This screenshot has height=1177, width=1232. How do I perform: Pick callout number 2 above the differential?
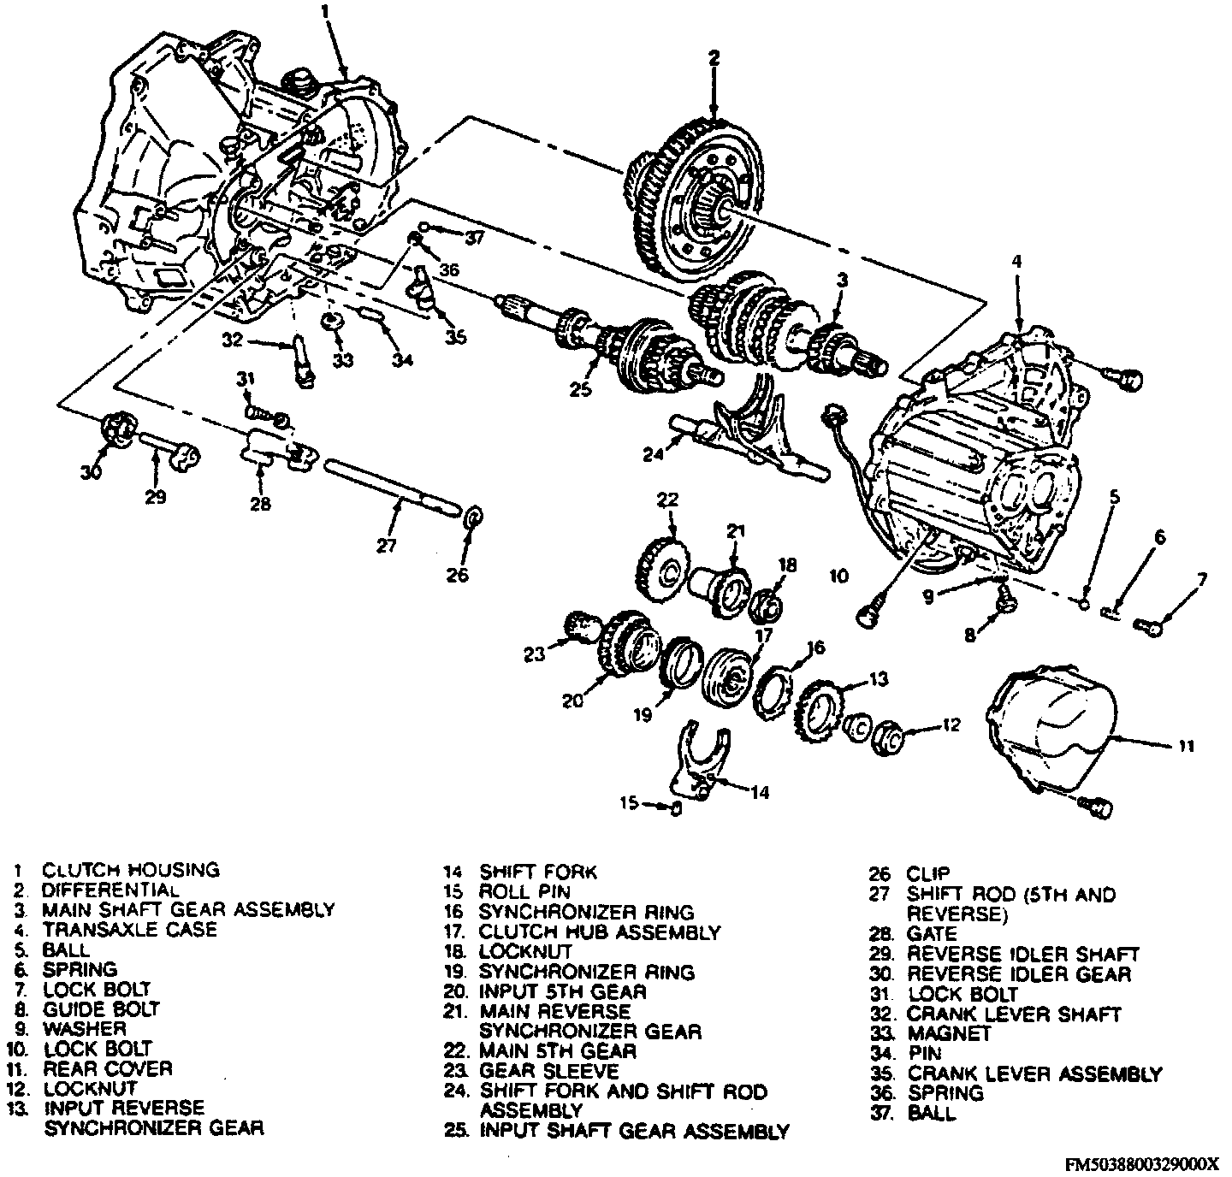(714, 58)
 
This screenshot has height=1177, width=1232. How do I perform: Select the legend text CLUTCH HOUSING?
(131, 870)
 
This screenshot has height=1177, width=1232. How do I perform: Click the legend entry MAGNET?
(949, 1033)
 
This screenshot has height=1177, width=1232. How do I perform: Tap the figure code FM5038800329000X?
(1142, 1163)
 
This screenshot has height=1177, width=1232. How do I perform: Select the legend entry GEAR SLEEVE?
(548, 1071)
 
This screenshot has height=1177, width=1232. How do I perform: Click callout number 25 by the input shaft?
(580, 390)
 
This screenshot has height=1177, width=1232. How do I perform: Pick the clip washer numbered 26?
(471, 518)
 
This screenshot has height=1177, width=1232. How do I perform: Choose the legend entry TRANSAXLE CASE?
(129, 929)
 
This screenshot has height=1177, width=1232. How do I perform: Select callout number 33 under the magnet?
(342, 360)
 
